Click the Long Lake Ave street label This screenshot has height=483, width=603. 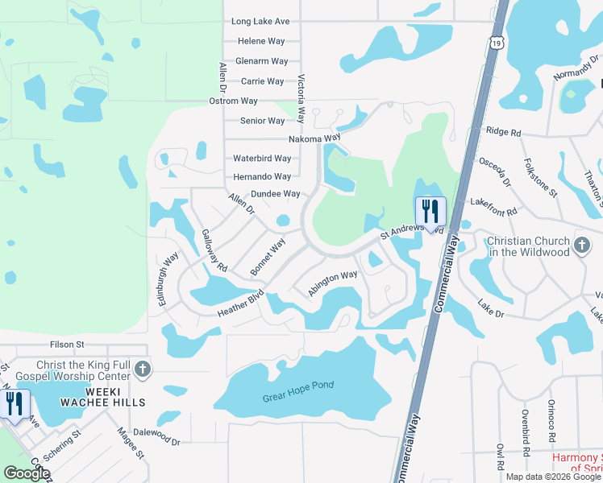click(260, 21)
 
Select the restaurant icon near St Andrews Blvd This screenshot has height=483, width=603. click(430, 213)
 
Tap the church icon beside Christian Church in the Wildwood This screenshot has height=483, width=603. click(582, 242)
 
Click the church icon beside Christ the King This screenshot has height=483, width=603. click(142, 369)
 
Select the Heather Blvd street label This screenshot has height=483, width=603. click(240, 303)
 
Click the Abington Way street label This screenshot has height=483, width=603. click(332, 283)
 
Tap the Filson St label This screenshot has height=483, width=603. click(67, 345)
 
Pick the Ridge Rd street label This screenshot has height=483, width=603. click(504, 131)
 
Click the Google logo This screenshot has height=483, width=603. click(27, 473)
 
